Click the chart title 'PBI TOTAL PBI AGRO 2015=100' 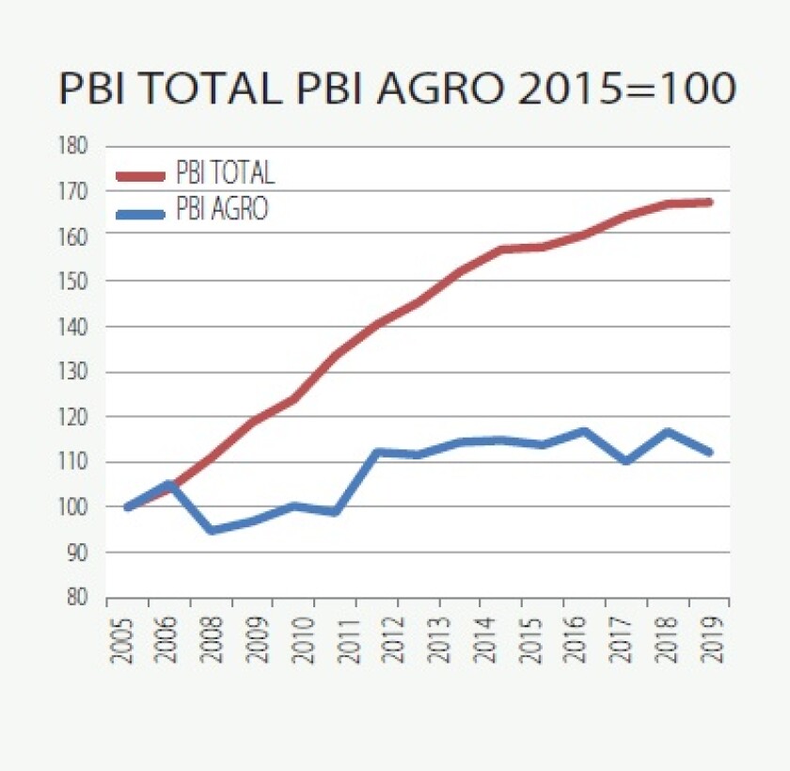pyautogui.click(x=396, y=89)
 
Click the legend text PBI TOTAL pyautogui.click(x=226, y=174)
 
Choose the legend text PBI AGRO pyautogui.click(x=222, y=210)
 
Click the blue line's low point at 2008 pyautogui.click(x=211, y=530)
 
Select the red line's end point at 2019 pyautogui.click(x=709, y=202)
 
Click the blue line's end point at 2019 pyautogui.click(x=709, y=452)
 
